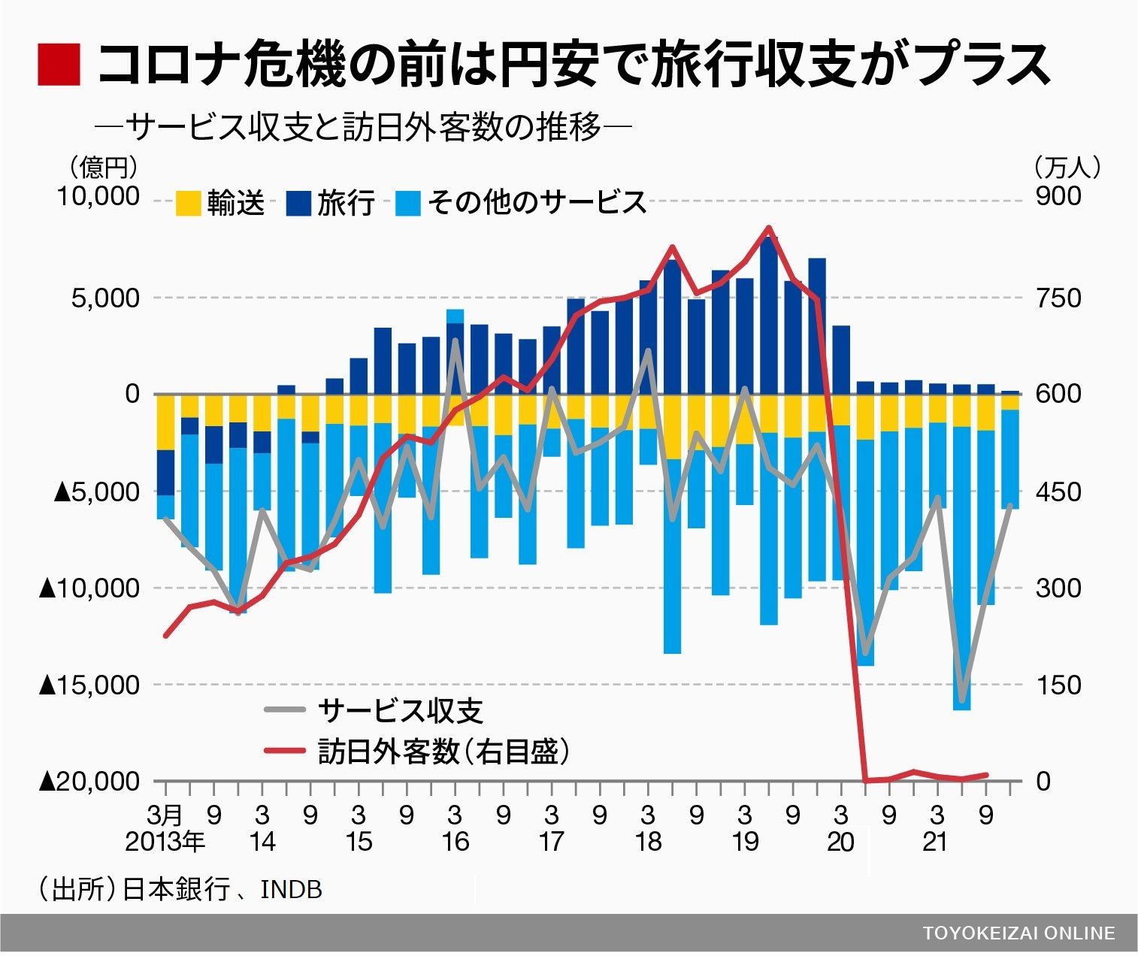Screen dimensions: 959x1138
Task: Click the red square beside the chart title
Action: pos(59,64)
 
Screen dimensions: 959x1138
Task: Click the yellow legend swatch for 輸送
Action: pos(188,203)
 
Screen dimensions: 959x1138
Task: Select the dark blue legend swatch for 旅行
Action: pos(298,203)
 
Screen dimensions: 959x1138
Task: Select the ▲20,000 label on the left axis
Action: pos(90,782)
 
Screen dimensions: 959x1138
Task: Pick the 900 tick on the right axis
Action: pos(1058,197)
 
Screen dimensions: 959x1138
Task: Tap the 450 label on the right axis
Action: pos(1058,492)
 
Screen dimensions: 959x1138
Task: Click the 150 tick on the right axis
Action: pos(1058,685)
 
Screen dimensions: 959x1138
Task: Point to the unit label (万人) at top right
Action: pos(1067,167)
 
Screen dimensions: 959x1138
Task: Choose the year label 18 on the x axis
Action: pos(648,842)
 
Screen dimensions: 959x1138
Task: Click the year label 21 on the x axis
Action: pos(936,842)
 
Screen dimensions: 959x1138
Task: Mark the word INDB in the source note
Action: pos(291,890)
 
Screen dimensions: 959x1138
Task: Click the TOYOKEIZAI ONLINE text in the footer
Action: pos(1018,933)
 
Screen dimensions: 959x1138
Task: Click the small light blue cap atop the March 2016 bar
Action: pos(455,316)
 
